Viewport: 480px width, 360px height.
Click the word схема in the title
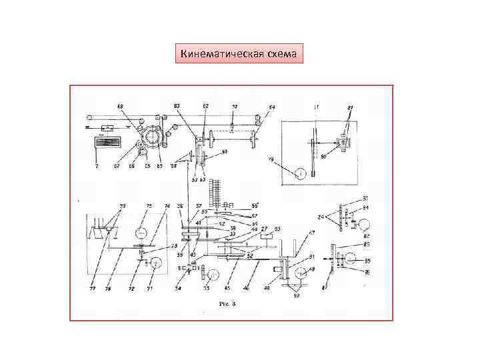281,53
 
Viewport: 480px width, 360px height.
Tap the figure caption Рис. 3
228,303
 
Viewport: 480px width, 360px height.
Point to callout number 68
120,106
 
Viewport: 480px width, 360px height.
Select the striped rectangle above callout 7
106,143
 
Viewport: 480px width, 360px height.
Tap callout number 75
149,206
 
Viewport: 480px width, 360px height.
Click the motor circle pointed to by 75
141,233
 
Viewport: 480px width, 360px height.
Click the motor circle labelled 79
301,173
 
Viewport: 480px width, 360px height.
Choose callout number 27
264,228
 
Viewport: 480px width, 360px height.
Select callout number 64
272,107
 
